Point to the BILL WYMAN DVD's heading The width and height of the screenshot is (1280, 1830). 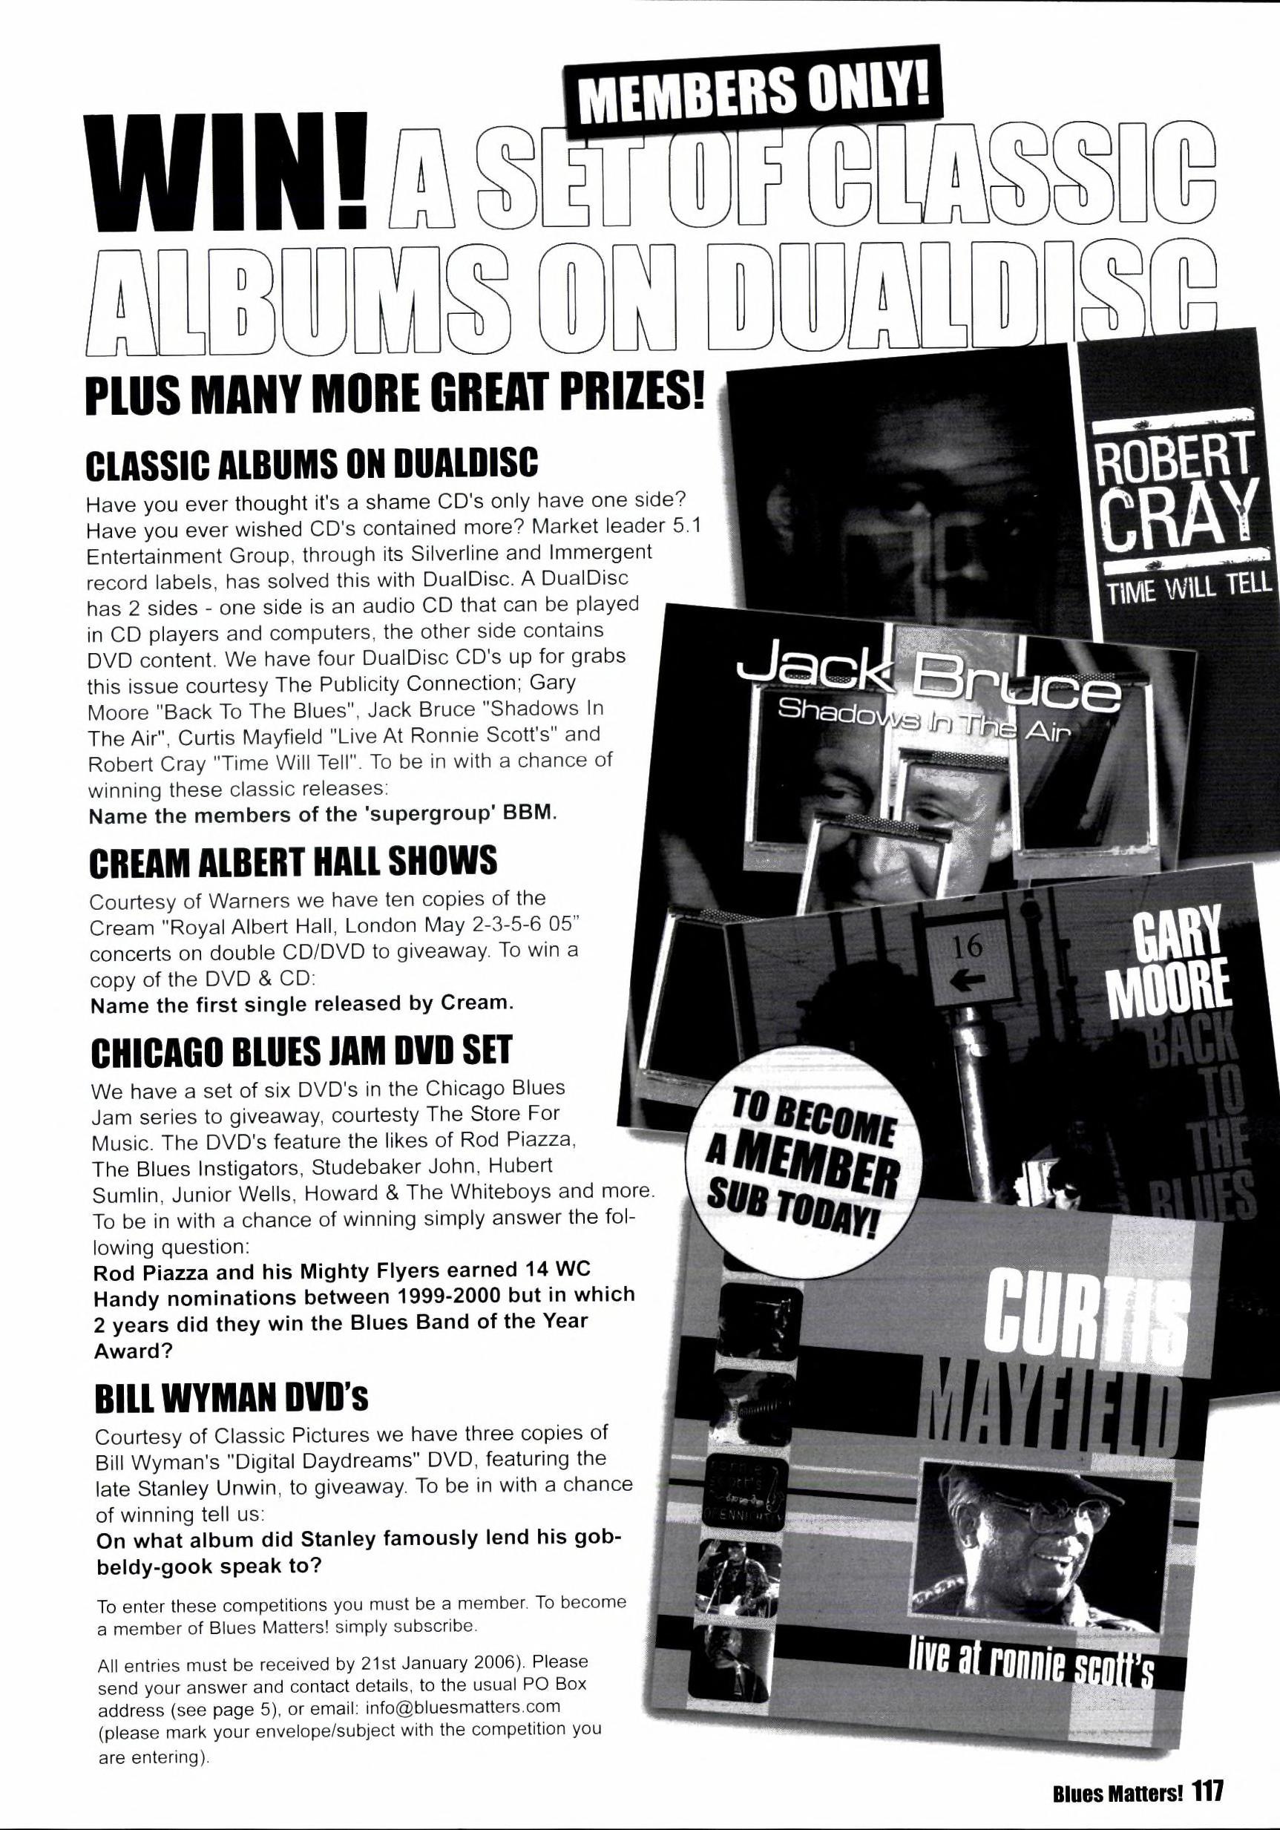(x=231, y=1397)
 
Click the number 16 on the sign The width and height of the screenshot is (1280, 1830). (x=967, y=946)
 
